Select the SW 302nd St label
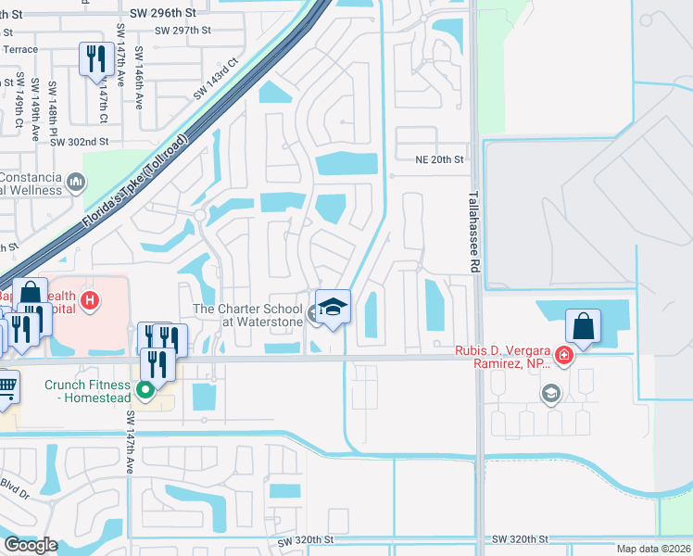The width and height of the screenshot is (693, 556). click(x=80, y=142)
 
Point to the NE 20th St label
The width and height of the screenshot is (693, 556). click(x=438, y=159)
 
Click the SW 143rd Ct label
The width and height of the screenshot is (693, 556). click(x=216, y=80)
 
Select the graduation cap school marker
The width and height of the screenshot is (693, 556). click(x=333, y=306)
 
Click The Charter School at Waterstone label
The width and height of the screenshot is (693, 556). click(x=247, y=315)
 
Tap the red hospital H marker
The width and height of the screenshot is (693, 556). click(x=90, y=299)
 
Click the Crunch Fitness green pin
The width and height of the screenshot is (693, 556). click(x=145, y=389)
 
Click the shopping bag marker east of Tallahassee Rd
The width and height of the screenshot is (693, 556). click(x=584, y=326)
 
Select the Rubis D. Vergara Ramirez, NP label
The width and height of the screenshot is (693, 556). click(x=503, y=357)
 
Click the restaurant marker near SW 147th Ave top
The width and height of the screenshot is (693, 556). click(x=94, y=60)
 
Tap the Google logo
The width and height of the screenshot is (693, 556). click(x=31, y=545)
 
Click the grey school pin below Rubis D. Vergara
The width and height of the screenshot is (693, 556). click(x=550, y=394)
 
